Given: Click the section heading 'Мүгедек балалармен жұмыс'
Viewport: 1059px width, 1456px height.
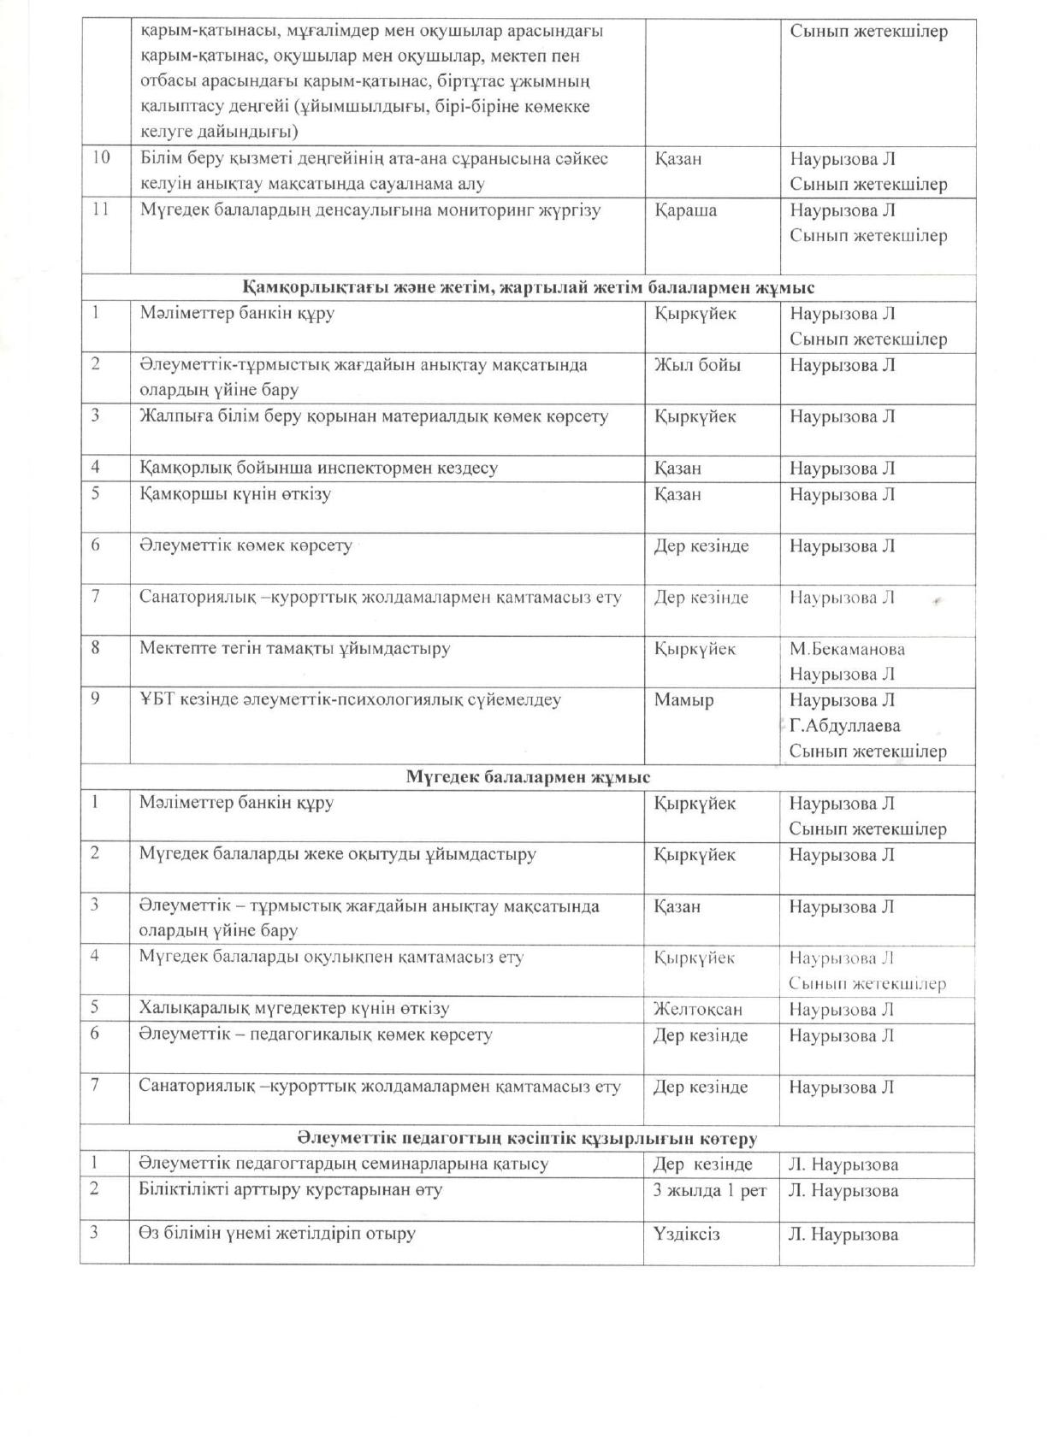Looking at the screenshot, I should [527, 777].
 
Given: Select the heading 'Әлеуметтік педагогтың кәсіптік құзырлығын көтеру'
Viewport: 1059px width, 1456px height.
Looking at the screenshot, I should [527, 1139].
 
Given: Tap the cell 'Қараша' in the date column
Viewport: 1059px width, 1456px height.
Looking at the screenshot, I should [685, 210].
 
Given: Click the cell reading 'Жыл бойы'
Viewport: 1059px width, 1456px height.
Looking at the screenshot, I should [697, 365].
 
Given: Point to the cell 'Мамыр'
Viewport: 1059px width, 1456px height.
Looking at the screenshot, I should [683, 700].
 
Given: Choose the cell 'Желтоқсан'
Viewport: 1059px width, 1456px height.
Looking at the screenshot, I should [697, 1009].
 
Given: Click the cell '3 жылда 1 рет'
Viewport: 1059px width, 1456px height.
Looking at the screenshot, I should [710, 1190].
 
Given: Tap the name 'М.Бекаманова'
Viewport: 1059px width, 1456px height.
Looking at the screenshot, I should [847, 649].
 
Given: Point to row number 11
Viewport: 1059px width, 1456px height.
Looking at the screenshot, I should [100, 210].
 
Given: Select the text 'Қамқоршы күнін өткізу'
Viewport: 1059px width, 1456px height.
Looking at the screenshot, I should [235, 494].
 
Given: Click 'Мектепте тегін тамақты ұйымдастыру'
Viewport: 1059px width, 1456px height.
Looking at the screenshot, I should [294, 648].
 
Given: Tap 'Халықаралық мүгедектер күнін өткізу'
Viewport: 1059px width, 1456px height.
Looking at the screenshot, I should [294, 1009].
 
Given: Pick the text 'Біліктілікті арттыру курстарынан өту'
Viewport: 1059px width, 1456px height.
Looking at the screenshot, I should [291, 1190].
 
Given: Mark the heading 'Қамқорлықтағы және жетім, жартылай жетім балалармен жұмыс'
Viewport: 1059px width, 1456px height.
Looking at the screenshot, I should [528, 287].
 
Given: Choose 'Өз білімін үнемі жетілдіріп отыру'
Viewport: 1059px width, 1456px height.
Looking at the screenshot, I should [277, 1234].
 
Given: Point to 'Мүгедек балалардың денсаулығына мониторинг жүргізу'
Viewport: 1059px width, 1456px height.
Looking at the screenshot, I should [370, 210].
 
